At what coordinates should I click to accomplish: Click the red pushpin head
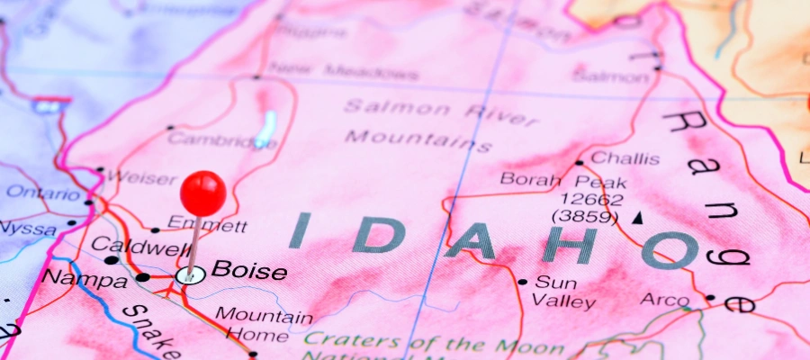click(x=202, y=193)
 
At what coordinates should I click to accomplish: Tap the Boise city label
click(x=249, y=271)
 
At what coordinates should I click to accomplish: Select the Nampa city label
click(x=85, y=280)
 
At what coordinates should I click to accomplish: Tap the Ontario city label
click(x=41, y=193)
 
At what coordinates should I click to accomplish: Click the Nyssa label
click(x=28, y=228)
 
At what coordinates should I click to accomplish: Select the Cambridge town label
click(x=209, y=139)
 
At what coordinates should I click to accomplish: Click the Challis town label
click(x=625, y=159)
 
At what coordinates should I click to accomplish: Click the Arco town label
click(x=664, y=299)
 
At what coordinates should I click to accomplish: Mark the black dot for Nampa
click(x=142, y=277)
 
